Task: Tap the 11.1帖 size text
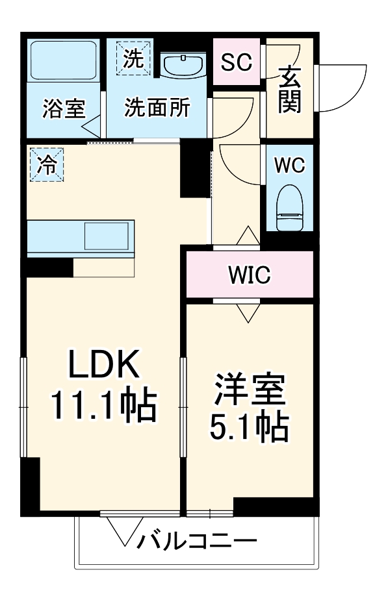click(x=104, y=406)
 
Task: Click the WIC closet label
click(x=249, y=275)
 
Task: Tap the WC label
click(x=288, y=165)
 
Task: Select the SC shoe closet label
click(x=237, y=63)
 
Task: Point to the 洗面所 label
click(x=157, y=108)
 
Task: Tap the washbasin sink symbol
click(x=183, y=65)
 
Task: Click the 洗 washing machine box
click(x=133, y=58)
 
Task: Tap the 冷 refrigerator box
click(x=45, y=164)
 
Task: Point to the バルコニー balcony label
click(x=195, y=540)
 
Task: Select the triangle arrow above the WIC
click(x=249, y=236)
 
